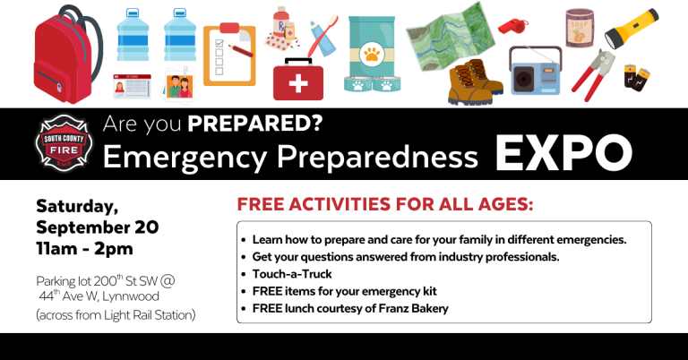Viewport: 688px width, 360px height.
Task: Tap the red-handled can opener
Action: tap(587, 76)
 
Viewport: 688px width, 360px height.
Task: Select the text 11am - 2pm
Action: tap(85, 248)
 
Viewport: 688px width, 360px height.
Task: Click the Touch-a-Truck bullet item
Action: tap(291, 274)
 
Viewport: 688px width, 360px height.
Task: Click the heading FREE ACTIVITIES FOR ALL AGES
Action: tap(385, 205)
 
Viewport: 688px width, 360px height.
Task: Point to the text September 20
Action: tap(98, 227)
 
